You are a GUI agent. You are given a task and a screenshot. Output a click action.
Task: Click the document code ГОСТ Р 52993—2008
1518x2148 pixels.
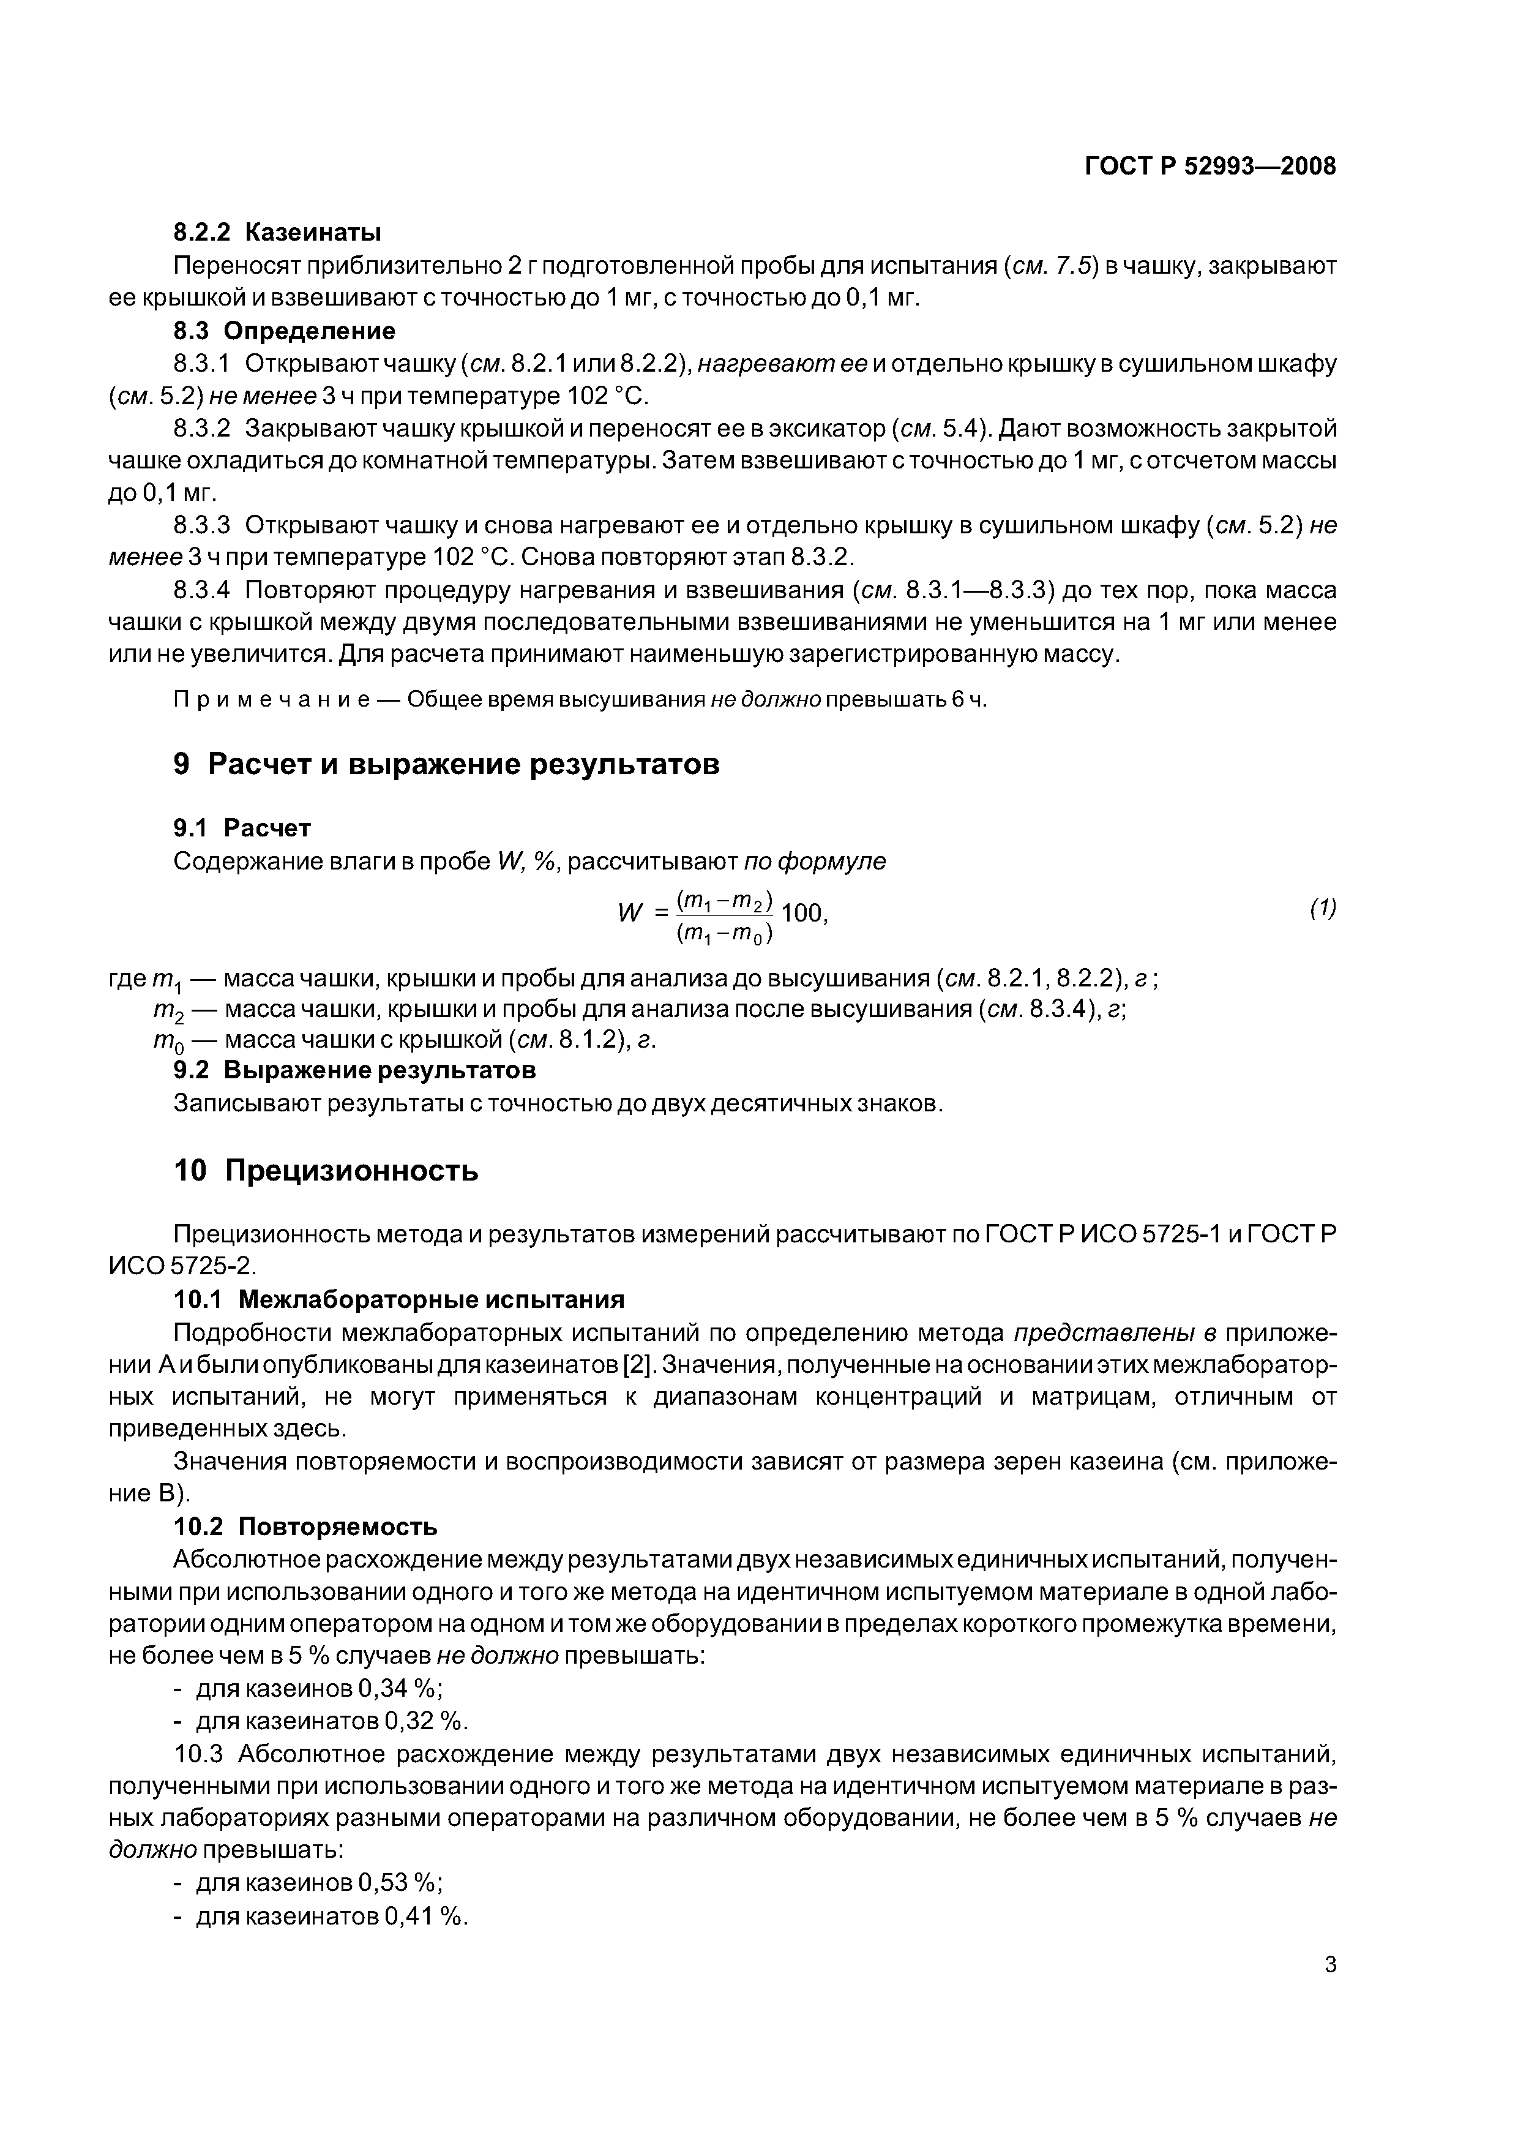[1210, 167]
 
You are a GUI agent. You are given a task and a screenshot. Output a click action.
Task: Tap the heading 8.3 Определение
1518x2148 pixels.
[285, 331]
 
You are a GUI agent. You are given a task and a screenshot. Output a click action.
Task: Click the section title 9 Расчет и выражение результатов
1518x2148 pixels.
[446, 764]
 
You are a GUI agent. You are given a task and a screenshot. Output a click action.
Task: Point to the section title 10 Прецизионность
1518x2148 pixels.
[326, 1170]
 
